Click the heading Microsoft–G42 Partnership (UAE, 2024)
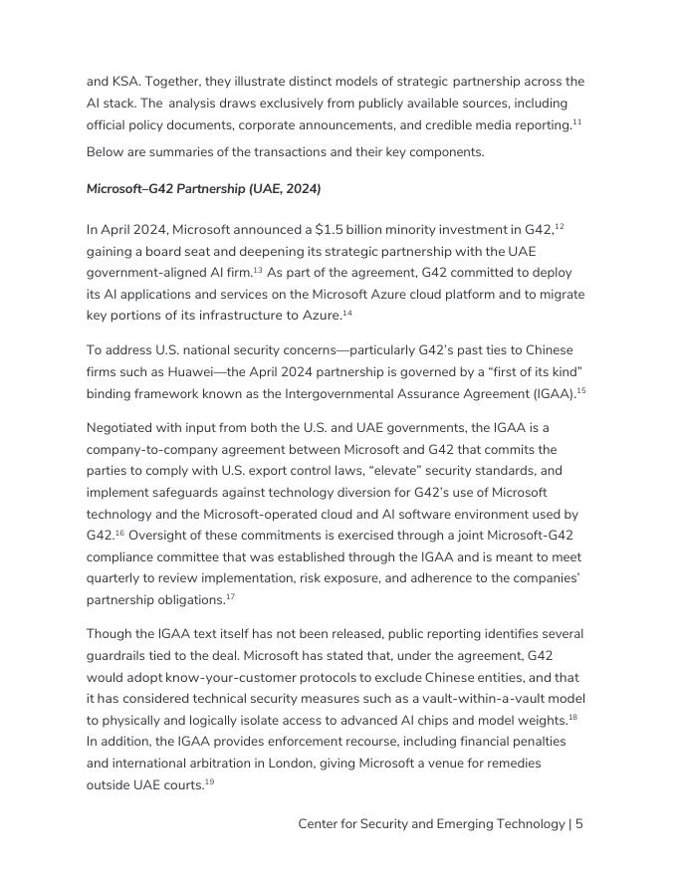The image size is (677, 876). pyautogui.click(x=203, y=189)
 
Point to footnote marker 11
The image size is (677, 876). pyautogui.click(x=576, y=121)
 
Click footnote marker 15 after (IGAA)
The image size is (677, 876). pyautogui.click(x=580, y=391)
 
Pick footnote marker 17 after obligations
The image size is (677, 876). pyautogui.click(x=230, y=597)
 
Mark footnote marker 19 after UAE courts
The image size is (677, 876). pyautogui.click(x=209, y=782)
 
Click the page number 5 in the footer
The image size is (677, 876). pyautogui.click(x=578, y=824)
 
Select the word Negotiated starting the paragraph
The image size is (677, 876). pyautogui.click(x=124, y=428)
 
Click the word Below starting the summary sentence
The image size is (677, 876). pyautogui.click(x=107, y=152)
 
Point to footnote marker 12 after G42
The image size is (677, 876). pyautogui.click(x=560, y=227)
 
